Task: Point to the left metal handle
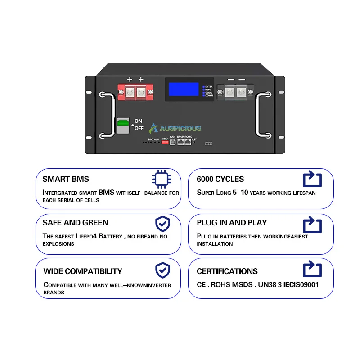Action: click(x=105, y=114)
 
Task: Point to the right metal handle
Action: click(x=261, y=114)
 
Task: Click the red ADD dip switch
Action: click(x=165, y=142)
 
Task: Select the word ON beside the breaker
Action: click(x=138, y=121)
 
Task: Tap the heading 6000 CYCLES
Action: click(x=220, y=179)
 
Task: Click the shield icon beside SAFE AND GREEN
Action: click(x=162, y=223)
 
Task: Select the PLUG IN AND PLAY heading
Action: click(x=232, y=223)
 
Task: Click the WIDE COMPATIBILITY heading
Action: click(x=82, y=271)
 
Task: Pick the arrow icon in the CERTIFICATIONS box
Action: click(x=312, y=270)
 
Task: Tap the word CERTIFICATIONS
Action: click(x=227, y=271)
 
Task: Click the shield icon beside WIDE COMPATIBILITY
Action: click(x=162, y=270)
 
